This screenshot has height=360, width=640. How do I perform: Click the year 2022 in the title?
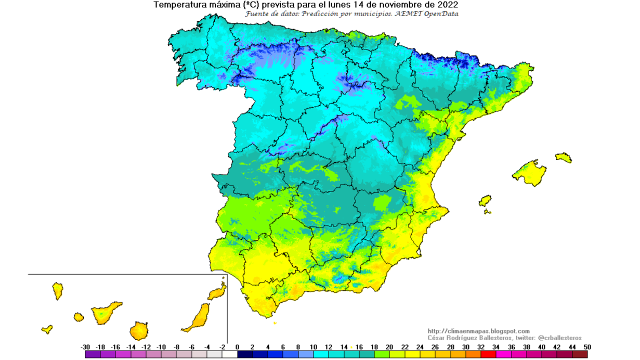click(x=448, y=5)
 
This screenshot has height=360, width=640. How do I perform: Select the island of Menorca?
click(x=563, y=157)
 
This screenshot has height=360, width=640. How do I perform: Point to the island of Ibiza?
click(x=485, y=201)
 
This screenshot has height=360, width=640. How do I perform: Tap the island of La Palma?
click(x=57, y=291)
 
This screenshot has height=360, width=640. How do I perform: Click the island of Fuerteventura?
click(x=197, y=317)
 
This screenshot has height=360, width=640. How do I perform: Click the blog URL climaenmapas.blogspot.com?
click(x=478, y=331)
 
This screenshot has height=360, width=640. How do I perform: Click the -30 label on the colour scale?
click(x=86, y=347)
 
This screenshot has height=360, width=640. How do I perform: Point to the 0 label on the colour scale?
click(x=238, y=347)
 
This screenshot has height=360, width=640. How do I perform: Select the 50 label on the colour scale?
click(x=587, y=347)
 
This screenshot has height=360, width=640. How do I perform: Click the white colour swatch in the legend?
click(x=230, y=354)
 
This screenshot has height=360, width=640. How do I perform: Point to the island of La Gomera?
click(x=79, y=317)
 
